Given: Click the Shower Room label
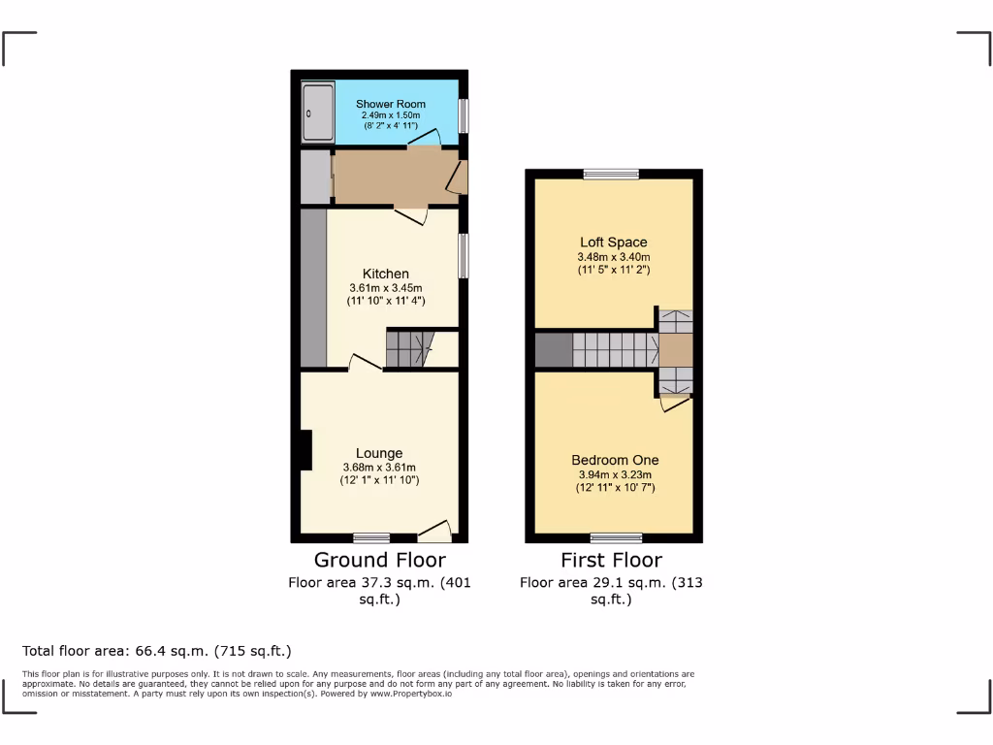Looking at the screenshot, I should (390, 104).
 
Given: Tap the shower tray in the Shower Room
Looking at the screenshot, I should (316, 113).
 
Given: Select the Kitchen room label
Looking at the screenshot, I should (386, 274).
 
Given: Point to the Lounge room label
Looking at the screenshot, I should (378, 453).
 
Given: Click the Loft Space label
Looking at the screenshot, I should (613, 243).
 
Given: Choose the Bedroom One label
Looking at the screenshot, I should (615, 460).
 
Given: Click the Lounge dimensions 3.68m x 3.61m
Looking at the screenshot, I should (378, 468).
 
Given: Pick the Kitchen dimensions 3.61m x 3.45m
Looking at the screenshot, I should (386, 288).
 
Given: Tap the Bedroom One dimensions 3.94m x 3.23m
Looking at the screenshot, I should (615, 475).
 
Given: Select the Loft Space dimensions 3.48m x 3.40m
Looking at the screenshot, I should (613, 257).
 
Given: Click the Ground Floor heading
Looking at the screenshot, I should (379, 560).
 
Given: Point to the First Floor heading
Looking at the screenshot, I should (611, 560).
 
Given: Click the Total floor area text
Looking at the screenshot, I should (157, 651).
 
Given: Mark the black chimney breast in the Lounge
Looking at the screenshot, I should (305, 450).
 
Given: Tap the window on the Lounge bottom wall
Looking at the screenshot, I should (371, 537).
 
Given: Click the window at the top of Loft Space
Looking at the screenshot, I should (611, 175).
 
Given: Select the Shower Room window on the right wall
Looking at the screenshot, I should (464, 115).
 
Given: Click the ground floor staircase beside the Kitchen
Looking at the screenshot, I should (408, 348).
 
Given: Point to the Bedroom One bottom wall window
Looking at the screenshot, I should (616, 537).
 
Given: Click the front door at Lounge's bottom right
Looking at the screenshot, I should (435, 533).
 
